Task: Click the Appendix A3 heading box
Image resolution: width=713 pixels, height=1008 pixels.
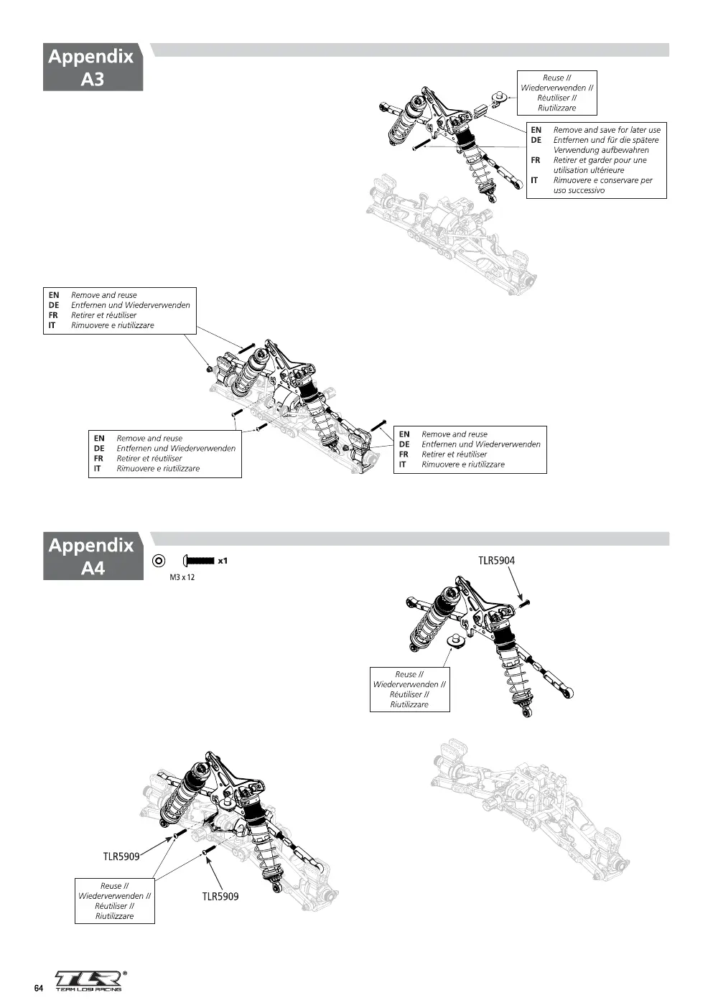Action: coord(93,67)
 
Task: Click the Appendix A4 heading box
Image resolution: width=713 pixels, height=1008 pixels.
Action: coord(93,556)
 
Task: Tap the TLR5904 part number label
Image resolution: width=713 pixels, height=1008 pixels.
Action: coord(496,560)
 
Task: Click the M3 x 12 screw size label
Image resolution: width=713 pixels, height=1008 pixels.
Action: coord(182,577)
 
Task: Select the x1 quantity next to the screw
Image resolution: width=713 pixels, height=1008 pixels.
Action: coord(223,561)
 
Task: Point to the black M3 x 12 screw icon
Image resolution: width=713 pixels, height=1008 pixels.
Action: coord(198,561)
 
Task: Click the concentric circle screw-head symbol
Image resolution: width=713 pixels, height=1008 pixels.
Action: coord(159,561)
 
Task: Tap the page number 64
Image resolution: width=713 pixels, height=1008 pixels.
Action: coord(39,988)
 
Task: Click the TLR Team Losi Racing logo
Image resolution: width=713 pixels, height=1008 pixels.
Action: coord(88,981)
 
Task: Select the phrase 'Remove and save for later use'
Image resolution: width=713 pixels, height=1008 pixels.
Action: coord(607,130)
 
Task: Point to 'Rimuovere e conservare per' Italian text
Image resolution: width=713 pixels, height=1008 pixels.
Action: coord(602,180)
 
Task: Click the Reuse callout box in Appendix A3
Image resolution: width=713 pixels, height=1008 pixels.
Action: coord(556,93)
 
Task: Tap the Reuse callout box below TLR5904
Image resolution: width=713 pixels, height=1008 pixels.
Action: coord(409,689)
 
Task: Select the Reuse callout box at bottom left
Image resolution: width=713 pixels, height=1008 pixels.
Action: coord(115,901)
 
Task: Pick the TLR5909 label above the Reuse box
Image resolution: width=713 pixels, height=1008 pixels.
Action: coord(121,856)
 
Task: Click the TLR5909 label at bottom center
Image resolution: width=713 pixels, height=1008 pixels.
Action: coord(220,897)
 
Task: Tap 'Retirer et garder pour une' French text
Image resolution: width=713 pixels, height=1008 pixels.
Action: coord(600,160)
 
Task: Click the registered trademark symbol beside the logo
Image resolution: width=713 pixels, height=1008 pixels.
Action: coord(125,973)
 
